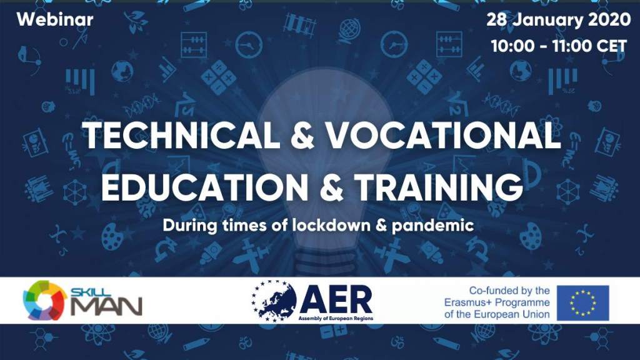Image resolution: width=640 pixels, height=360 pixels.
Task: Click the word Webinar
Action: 55,19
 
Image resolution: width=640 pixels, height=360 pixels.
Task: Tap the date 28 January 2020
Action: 558,19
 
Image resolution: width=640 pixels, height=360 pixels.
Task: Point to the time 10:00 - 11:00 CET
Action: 559,46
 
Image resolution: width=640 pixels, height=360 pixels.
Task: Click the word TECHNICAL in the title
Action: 181,135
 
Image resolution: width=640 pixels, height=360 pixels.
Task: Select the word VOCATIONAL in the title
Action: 444,135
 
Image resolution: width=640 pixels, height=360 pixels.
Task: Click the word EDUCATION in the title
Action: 204,187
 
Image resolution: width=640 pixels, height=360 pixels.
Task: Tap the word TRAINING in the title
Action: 439,187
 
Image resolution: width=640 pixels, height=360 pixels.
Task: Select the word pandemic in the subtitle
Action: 432,226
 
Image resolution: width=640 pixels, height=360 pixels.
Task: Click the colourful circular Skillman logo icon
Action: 45,301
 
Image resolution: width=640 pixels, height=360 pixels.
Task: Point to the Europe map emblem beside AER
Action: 274,301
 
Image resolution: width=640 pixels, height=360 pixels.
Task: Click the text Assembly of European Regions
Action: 336,318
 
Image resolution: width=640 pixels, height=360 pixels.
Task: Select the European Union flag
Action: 583,303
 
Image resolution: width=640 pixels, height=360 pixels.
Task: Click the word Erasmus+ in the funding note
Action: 467,302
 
